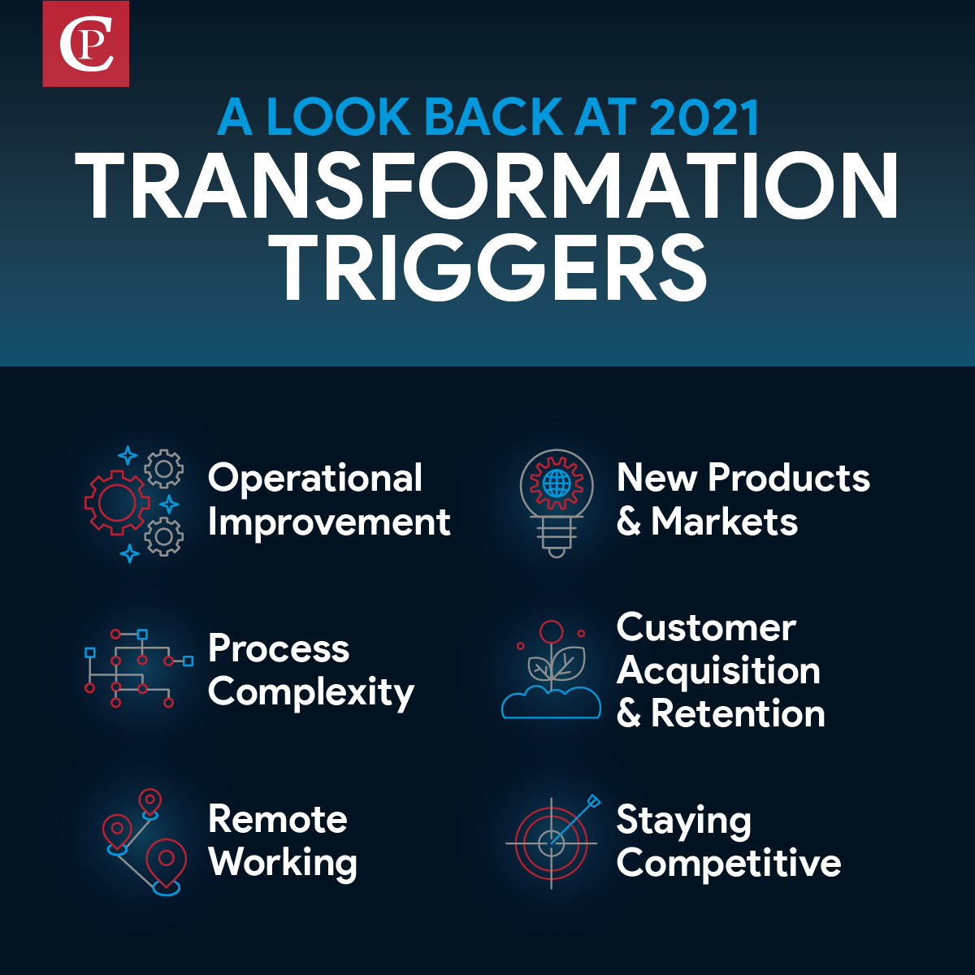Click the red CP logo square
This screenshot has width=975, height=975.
coord(85,44)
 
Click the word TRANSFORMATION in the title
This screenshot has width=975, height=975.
coord(487,187)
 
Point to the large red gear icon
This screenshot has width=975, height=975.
coord(116,503)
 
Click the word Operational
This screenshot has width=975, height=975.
coord(315,478)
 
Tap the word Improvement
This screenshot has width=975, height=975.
coord(329,522)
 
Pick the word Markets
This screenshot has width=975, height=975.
coord(724,522)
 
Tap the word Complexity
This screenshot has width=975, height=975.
coord(311,692)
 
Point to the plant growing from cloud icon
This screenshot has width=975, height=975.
coord(551,671)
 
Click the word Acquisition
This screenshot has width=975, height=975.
coord(718,671)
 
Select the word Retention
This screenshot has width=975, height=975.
coord(738,714)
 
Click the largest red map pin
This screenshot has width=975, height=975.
coord(166,861)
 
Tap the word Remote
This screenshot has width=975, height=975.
coord(278,819)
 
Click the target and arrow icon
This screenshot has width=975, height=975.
coord(552,841)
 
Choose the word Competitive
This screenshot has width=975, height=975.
coord(729,863)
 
